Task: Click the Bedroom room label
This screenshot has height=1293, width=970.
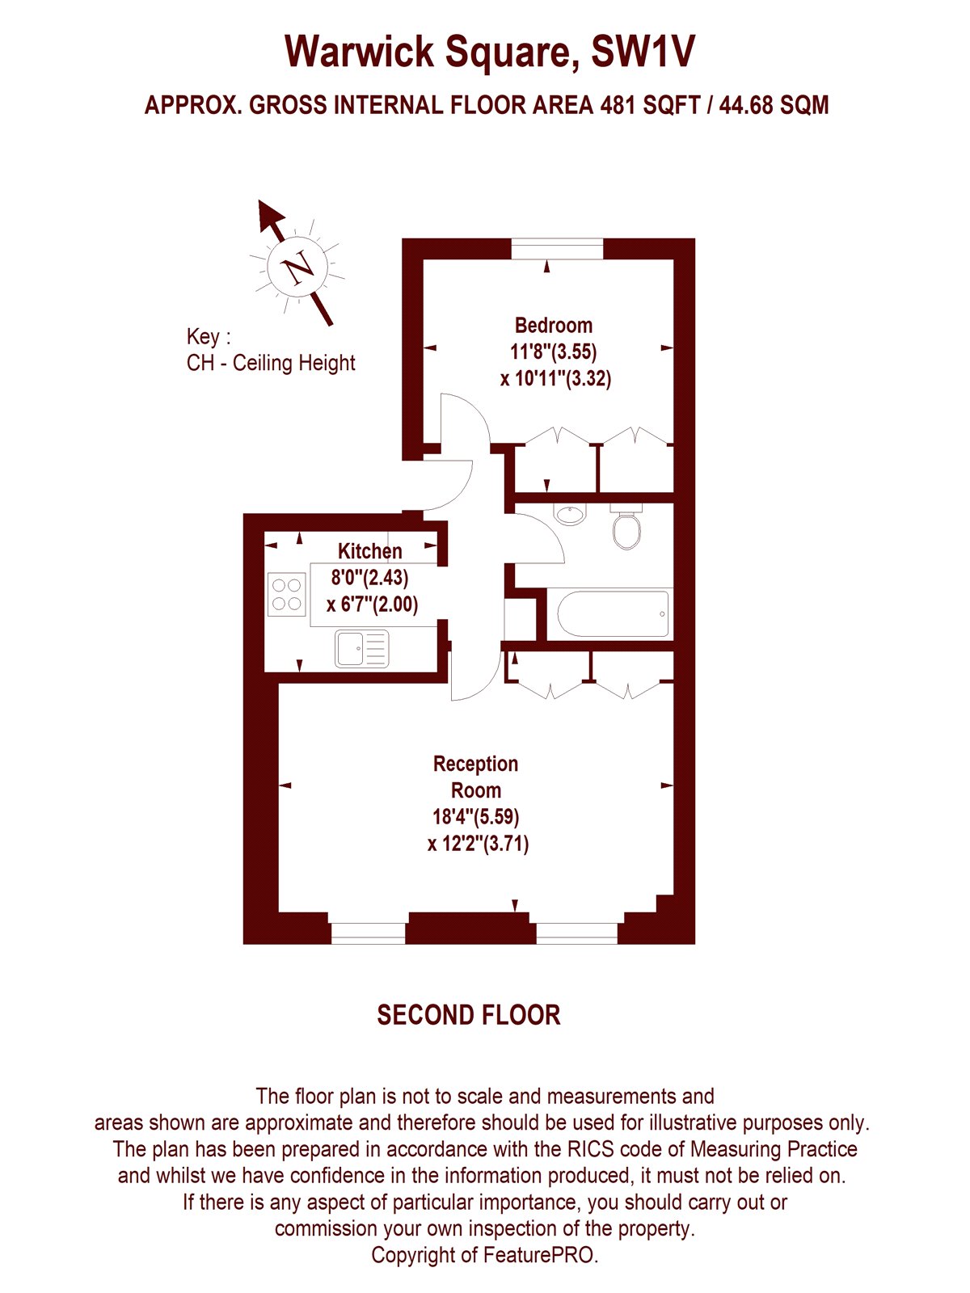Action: coord(553,325)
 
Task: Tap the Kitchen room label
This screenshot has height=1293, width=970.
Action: coord(370,551)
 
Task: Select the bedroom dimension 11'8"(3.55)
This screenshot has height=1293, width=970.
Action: coord(553,352)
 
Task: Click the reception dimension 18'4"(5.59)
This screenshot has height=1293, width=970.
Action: coord(475,816)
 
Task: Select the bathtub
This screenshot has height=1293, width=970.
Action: coord(613,613)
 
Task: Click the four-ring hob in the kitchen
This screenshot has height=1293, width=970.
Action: coord(286,594)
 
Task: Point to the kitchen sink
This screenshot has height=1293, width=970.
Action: coord(361,648)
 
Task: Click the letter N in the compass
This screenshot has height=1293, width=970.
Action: coord(299,267)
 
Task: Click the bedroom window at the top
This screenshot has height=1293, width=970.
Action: coord(557,249)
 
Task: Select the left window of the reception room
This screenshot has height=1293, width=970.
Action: coord(368,933)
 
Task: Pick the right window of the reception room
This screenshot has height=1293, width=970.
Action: coord(576,933)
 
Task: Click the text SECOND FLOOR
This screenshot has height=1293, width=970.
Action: coord(469,1015)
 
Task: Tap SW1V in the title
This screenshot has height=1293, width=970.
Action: coord(643,52)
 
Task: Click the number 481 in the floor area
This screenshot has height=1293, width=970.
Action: coord(618,105)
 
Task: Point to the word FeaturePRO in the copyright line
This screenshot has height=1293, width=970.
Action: coord(541,1255)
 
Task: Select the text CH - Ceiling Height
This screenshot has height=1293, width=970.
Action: coord(271,363)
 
